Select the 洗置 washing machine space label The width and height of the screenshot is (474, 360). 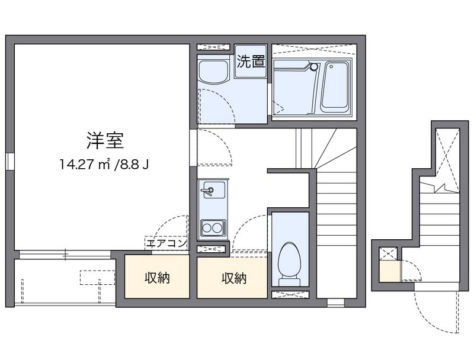251,62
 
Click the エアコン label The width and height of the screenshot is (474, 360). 166,243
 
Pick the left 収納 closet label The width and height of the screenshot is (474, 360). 157,278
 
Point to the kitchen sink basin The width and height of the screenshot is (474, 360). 211,191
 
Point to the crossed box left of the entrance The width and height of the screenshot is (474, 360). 389,254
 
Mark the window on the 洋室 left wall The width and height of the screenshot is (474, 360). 10,162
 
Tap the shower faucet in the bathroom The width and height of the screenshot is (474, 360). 313,67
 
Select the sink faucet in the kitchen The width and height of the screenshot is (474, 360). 207,191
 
